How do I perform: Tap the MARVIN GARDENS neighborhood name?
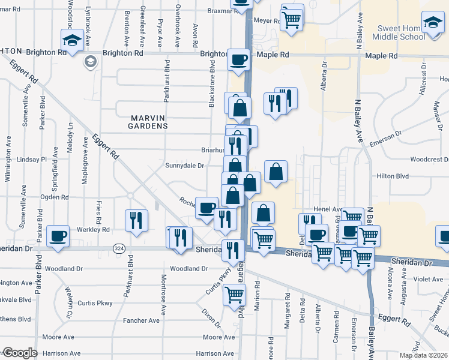[148, 126]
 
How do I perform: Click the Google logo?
[19, 353]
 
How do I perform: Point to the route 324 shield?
[118, 248]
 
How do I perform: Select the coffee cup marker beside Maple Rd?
[238, 59]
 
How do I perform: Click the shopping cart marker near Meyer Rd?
[291, 19]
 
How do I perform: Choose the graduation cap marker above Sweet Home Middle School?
[432, 22]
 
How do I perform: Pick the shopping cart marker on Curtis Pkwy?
[234, 294]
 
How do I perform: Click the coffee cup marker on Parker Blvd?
[58, 236]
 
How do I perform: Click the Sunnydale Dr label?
[185, 166]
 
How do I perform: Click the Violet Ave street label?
[427, 278]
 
